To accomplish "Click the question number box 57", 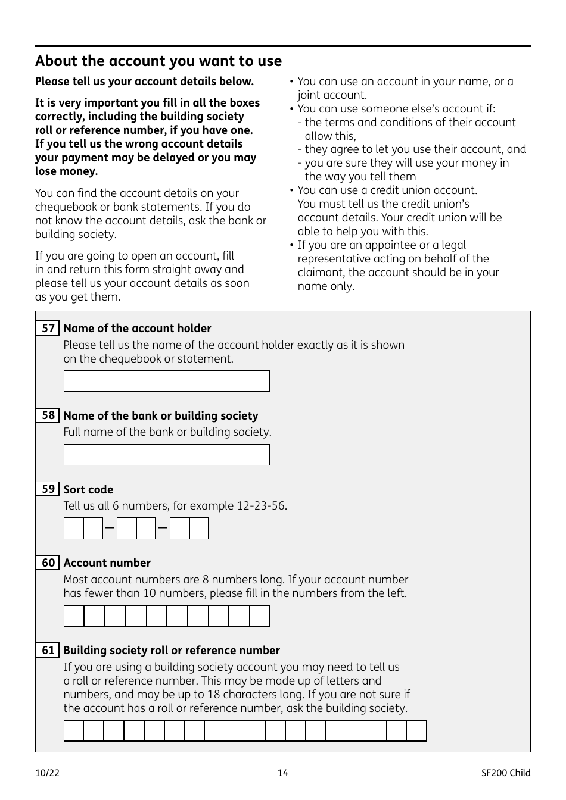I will click(x=48, y=328).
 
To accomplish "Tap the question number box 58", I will click(x=48, y=415).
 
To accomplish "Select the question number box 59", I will click(x=48, y=489).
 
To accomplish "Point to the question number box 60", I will click(x=48, y=562).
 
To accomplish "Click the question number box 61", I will click(x=48, y=650).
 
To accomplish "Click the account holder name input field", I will click(x=167, y=382).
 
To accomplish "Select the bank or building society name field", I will click(x=167, y=455).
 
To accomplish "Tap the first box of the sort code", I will click(x=74, y=529).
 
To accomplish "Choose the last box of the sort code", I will click(x=199, y=529).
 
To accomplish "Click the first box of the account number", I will click(x=74, y=616).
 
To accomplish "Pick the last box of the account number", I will click(x=260, y=616).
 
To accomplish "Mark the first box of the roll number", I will click(x=74, y=730).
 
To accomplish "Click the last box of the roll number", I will click(x=416, y=730).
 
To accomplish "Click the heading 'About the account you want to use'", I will click(x=158, y=61).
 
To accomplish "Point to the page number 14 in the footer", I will click(x=283, y=773).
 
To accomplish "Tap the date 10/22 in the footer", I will click(x=47, y=773).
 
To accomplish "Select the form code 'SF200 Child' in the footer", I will click(x=506, y=773).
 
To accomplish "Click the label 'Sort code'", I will click(x=88, y=490).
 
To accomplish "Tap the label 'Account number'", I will click(x=107, y=563).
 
